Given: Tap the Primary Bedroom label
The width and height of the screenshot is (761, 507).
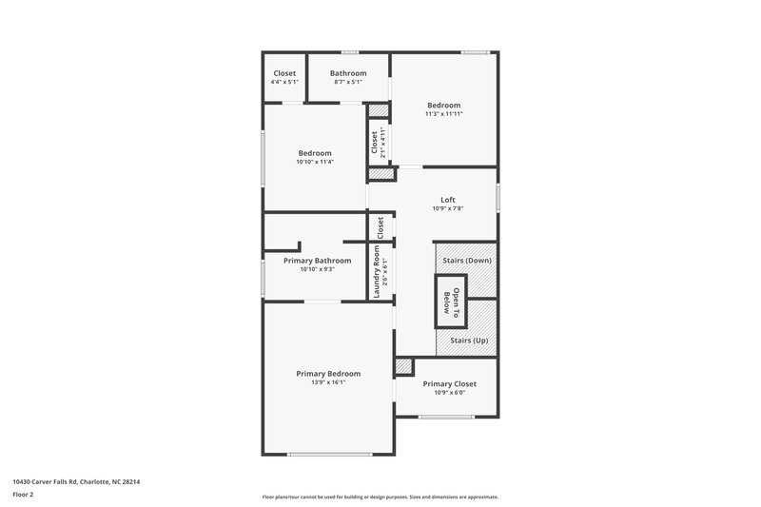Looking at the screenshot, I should tap(328, 374).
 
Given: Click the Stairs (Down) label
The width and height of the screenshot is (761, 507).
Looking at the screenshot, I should tap(467, 260).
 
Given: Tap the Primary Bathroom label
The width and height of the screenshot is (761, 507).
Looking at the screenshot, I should tap(317, 261).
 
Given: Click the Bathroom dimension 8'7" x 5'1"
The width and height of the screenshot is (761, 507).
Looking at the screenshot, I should tap(348, 83).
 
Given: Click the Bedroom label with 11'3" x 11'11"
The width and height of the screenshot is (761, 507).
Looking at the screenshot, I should tap(443, 106).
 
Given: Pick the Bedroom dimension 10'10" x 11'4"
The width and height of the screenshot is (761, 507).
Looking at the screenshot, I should tap(315, 162).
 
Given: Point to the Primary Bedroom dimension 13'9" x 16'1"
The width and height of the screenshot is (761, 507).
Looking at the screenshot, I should tap(328, 383).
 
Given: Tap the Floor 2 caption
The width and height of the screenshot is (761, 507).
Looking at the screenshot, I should tap(23, 496).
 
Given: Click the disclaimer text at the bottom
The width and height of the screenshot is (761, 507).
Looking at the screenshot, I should tap(380, 497).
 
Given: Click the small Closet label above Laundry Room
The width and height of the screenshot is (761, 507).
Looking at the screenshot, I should tap(380, 227).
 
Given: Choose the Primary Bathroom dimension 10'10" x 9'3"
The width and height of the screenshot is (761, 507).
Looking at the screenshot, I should tap(317, 269).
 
